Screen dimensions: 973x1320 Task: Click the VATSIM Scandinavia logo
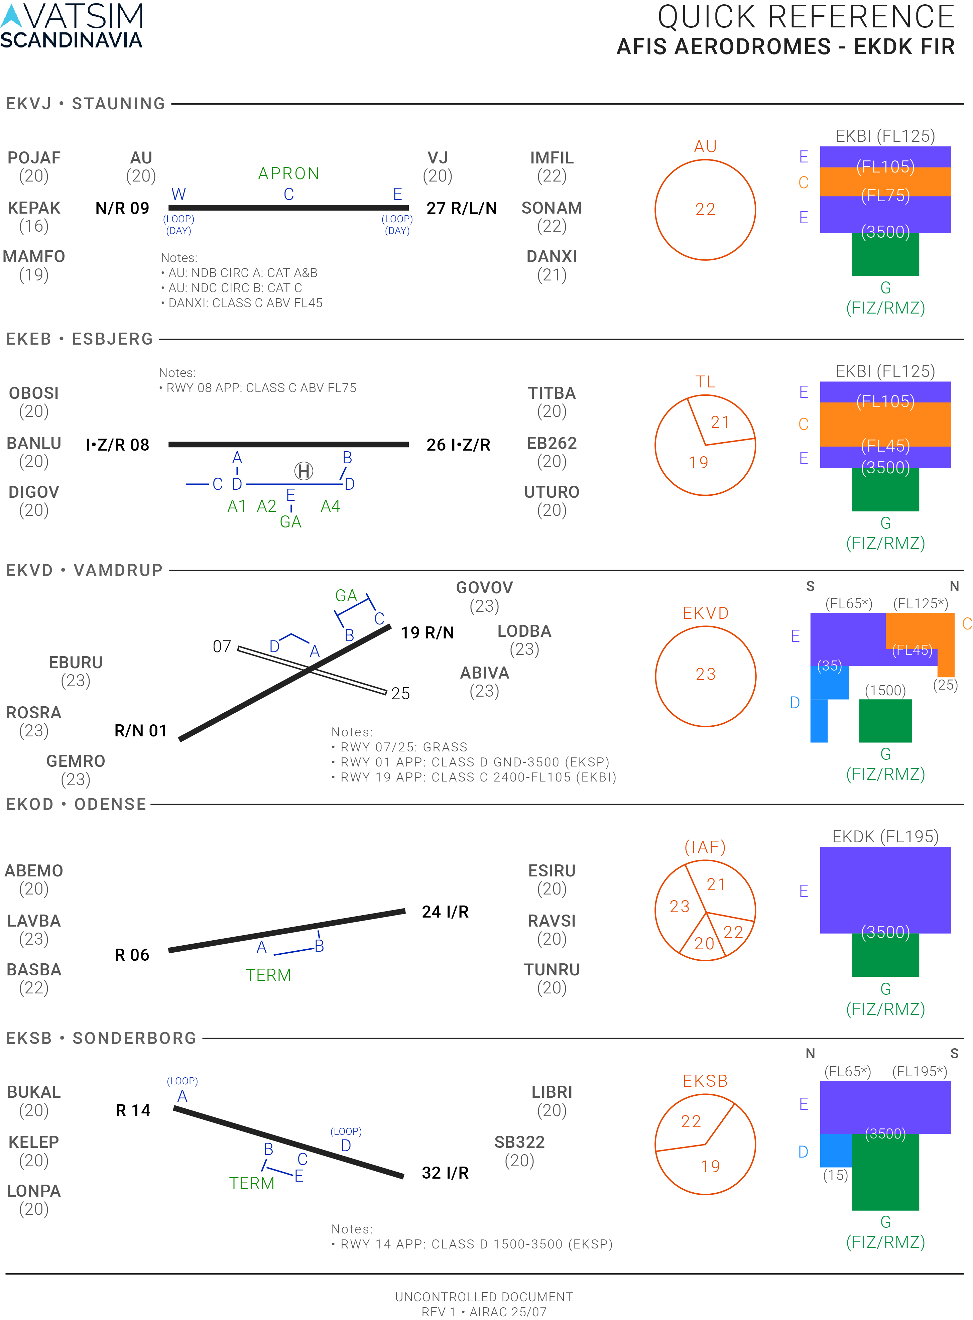[x=71, y=25]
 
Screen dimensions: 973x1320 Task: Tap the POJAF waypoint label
[x=33, y=158]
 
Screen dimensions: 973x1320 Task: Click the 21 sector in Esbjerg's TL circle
[x=720, y=422]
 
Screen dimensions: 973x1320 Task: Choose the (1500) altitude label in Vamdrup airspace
[x=885, y=690]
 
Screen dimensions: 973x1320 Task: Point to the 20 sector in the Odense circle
[x=704, y=944]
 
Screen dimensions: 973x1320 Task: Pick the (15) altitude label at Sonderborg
[x=835, y=1175]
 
